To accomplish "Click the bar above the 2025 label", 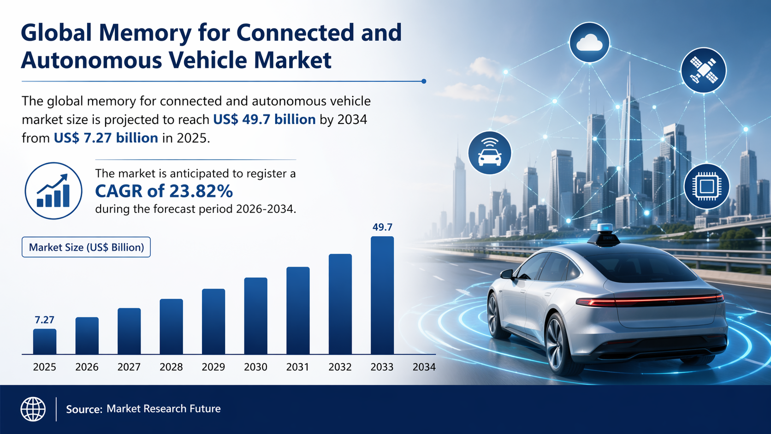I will coord(45,341).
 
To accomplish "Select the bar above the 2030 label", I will coord(255,316).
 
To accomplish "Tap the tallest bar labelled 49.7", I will coord(382,295).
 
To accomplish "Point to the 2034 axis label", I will coord(424,367).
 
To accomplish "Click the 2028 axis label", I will coord(171,367).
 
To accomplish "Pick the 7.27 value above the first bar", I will coord(44,320).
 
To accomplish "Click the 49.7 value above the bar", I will coord(382,227).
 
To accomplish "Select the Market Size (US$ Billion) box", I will coord(86,247).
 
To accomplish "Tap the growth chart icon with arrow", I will coord(53,190).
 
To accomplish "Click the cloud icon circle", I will coord(589,42).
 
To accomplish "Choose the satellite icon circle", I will coord(703,71).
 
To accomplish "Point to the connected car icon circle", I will coord(490,153).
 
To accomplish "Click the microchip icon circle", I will coord(706,187).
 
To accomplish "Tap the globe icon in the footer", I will coord(33,409).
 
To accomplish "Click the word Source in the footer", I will coord(83,410).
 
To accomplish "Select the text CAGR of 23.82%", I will coord(164,191).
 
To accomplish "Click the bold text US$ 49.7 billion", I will coord(264,119).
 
